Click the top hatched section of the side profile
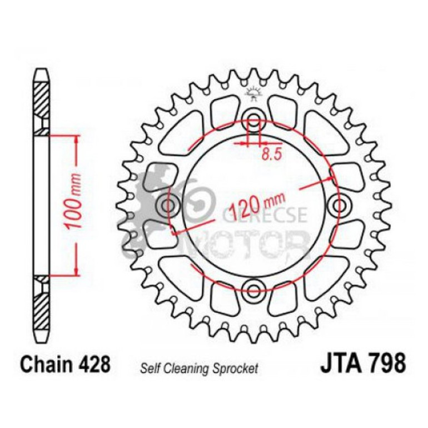coord(42,100)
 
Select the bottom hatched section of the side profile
coord(42,308)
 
